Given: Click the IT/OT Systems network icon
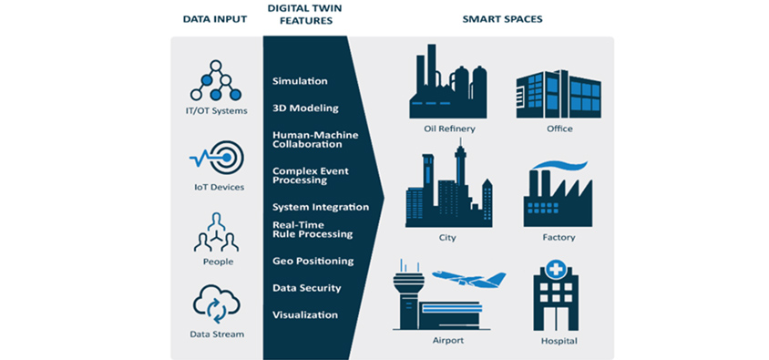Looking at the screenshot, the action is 215,80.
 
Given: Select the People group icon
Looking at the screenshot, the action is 216,232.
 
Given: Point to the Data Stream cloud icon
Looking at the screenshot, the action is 216,304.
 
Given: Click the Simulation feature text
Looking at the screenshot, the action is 300,81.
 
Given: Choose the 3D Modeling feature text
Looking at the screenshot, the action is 305,108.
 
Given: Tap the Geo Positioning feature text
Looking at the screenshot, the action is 313,261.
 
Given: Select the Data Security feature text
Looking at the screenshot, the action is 306,288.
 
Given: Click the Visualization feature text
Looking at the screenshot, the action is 305,314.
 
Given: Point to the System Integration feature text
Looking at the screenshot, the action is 321,207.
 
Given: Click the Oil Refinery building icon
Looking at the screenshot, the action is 448,81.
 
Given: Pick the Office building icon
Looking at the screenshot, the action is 559,94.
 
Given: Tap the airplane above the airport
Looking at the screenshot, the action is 469,278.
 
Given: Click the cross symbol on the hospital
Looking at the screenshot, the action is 556,269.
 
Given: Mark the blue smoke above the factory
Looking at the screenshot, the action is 559,165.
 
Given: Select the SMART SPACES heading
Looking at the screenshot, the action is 502,20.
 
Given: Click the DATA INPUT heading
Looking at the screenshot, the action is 215,20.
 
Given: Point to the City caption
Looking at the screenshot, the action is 447,238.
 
